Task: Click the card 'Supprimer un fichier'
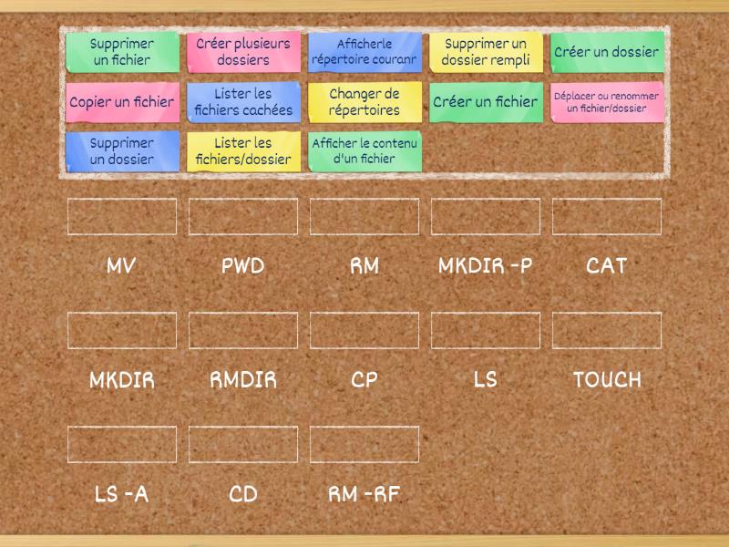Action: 122,52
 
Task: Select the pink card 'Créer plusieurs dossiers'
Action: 243,52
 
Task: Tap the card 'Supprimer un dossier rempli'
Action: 486,52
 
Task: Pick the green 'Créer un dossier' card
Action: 607,52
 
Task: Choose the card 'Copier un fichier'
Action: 122,102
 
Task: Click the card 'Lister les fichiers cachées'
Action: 243,102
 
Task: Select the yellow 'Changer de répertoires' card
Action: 364,102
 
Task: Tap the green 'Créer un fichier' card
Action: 486,102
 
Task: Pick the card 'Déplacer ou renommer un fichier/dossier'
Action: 607,102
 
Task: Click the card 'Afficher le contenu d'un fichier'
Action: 364,151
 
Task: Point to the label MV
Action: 122,266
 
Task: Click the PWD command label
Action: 243,266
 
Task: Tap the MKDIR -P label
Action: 486,266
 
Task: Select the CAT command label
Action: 607,266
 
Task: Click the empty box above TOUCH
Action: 607,330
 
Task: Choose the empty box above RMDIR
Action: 243,330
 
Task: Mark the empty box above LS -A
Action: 122,444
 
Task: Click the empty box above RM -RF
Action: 364,444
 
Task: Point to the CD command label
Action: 243,494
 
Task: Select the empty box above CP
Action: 364,330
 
